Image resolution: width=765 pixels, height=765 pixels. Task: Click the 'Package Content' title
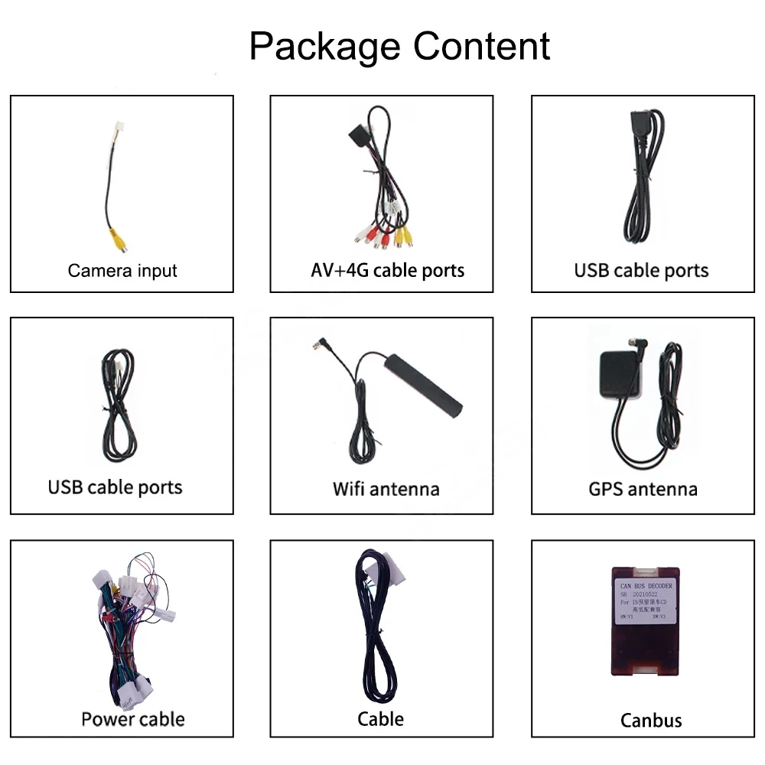(399, 46)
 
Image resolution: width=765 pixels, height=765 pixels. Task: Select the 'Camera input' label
(122, 270)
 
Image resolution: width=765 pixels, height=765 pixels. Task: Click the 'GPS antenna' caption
(643, 488)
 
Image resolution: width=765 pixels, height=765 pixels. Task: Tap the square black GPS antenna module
(617, 375)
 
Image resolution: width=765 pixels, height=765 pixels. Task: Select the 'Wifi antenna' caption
(386, 488)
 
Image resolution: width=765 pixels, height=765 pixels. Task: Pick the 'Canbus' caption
(651, 720)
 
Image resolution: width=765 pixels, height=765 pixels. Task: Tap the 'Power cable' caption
(133, 719)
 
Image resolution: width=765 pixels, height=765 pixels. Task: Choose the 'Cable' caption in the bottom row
(380, 719)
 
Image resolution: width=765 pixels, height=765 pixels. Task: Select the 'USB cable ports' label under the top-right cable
(641, 270)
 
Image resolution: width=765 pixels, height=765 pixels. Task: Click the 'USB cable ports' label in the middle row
(115, 487)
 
